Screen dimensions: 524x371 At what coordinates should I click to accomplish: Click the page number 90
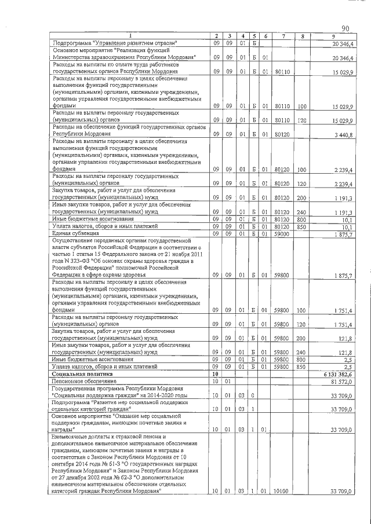click(x=345, y=28)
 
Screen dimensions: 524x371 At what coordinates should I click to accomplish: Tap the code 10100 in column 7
click(x=282, y=491)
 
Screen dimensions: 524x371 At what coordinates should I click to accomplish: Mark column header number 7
click(x=282, y=36)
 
